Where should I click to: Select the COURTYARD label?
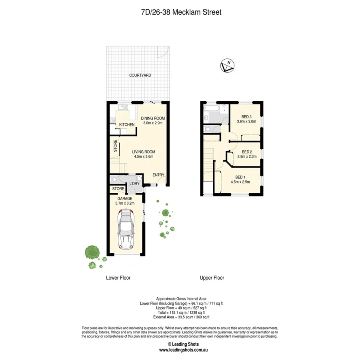(x=140, y=75)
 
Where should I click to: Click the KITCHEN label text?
(x=126, y=125)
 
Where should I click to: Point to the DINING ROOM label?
(x=153, y=118)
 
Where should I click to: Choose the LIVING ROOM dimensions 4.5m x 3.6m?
(x=144, y=157)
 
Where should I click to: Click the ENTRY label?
(x=158, y=175)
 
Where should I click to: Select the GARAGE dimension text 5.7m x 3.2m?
(x=125, y=203)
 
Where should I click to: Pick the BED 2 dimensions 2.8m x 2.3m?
(x=246, y=157)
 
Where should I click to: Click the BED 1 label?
(x=240, y=177)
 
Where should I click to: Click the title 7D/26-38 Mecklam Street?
(x=181, y=12)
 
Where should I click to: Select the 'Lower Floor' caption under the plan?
(x=118, y=278)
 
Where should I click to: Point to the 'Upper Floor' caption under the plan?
(x=212, y=278)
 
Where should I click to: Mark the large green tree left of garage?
(x=92, y=252)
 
